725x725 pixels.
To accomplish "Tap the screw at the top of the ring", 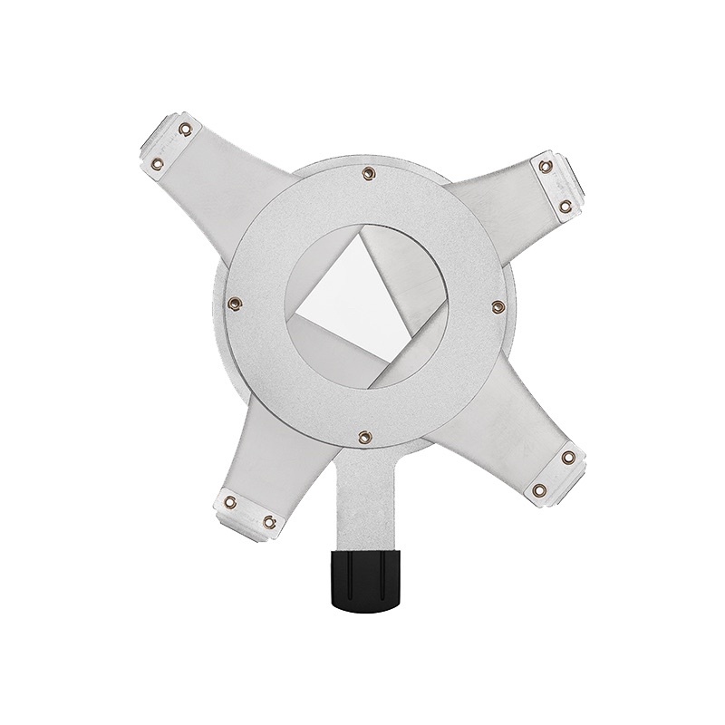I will (x=367, y=172).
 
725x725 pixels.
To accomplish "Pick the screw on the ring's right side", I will (x=496, y=306).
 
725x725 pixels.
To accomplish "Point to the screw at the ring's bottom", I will (x=362, y=438).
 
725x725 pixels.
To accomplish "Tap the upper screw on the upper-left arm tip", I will (x=185, y=130).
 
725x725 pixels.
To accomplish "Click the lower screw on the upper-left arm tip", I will (x=157, y=163).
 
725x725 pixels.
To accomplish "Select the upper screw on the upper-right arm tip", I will (x=545, y=167).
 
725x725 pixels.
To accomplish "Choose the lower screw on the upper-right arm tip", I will (x=567, y=207).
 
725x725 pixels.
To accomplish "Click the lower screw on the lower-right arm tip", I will (x=540, y=490).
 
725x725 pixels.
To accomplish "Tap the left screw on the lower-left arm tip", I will (x=229, y=501).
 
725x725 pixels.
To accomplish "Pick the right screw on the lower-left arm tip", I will (x=269, y=520).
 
